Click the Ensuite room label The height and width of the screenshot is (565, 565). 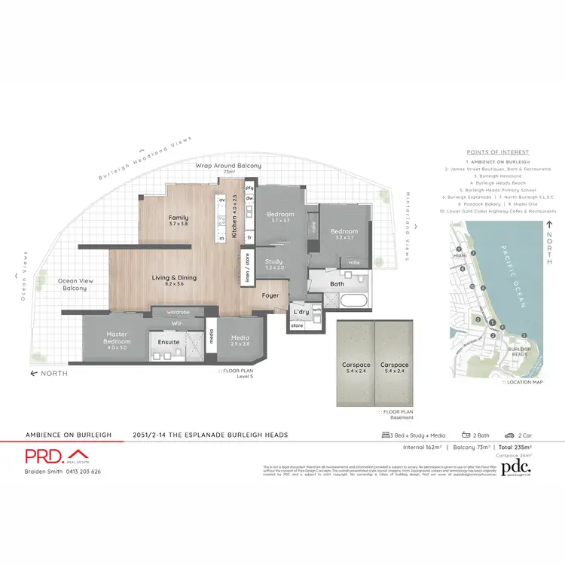click(169, 342)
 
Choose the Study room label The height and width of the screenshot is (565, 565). click(274, 264)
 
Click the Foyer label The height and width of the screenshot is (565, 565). click(270, 295)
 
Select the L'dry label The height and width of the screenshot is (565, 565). click(301, 312)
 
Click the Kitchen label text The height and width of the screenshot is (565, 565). click(234, 217)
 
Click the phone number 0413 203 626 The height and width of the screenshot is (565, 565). click(81, 472)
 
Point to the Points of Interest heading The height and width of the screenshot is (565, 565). click(498, 152)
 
